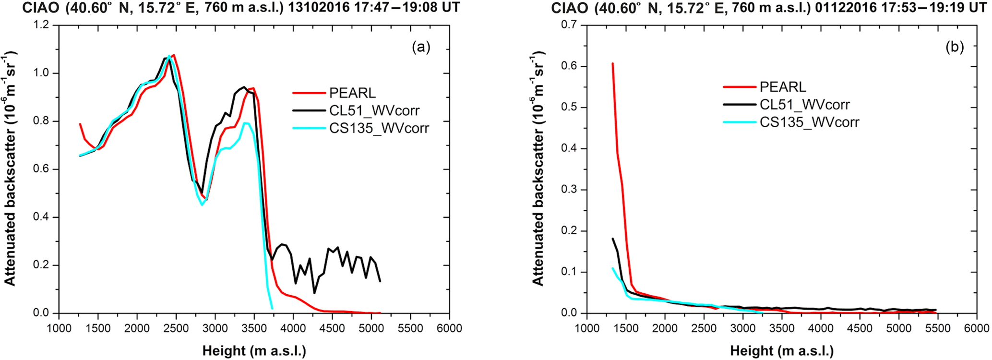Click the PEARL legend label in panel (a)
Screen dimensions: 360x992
(352, 93)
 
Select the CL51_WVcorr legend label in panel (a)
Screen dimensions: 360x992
(374, 110)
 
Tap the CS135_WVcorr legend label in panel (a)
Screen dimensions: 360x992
(379, 128)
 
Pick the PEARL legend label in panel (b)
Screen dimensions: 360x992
(783, 87)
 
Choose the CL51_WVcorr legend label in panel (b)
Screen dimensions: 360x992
(805, 105)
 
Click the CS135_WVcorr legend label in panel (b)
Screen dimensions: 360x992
(809, 122)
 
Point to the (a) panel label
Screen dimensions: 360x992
(421, 47)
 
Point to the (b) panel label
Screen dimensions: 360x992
(954, 47)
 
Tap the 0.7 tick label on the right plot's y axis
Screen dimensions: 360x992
(570, 25)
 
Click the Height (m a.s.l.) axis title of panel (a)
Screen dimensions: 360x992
(254, 351)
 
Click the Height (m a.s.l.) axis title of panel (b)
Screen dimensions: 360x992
(782, 351)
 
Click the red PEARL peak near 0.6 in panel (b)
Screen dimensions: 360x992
(612, 63)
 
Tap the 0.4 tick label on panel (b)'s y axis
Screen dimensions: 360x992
(570, 149)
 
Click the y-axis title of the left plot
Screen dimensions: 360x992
(11, 168)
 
